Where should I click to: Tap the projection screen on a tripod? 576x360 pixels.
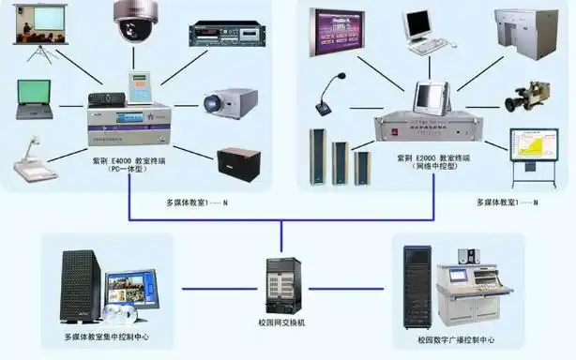click(41, 32)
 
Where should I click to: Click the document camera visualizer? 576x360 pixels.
click(35, 158)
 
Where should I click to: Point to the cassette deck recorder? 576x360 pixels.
click(223, 34)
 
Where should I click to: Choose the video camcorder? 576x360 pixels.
click(523, 98)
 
